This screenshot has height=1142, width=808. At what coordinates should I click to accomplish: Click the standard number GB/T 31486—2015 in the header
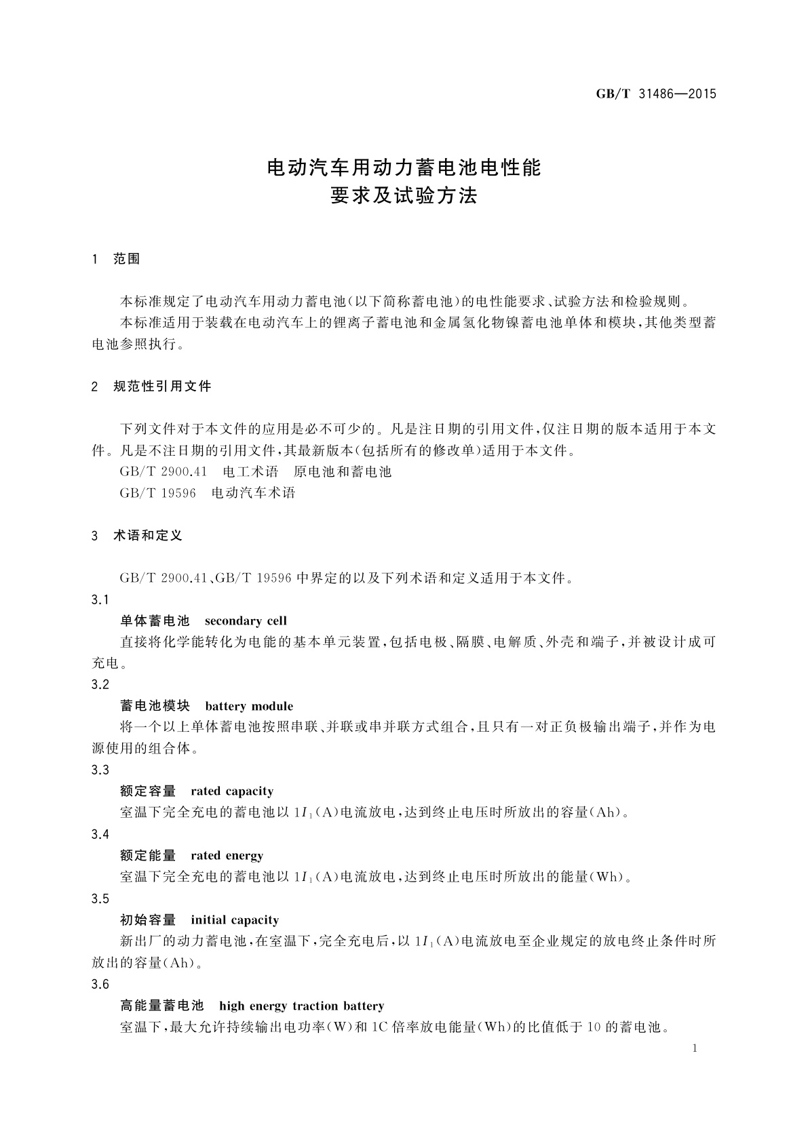coord(656,94)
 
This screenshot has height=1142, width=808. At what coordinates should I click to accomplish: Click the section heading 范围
coord(127,259)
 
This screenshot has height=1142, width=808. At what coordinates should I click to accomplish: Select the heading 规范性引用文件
coord(163,387)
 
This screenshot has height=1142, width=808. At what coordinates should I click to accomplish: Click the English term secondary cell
coord(246,621)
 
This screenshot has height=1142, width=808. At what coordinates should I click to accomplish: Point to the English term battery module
coord(249,707)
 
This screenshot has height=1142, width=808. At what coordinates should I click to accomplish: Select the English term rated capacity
coord(232,791)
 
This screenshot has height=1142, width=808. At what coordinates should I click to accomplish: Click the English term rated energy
coord(227,856)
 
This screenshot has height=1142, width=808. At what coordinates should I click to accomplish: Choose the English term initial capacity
coord(235,920)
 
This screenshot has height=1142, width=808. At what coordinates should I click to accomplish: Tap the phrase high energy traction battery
coord(301,1006)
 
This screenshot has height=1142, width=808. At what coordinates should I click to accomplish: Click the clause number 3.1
coord(100,600)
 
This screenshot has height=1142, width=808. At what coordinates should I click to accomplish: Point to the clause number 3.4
coord(100,835)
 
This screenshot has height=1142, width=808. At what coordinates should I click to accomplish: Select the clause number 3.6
coord(100,985)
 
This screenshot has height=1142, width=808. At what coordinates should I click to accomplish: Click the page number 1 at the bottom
coord(695,1048)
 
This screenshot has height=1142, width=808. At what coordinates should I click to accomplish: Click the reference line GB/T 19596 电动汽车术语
coord(208,493)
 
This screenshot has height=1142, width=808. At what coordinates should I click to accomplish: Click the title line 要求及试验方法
coord(404,197)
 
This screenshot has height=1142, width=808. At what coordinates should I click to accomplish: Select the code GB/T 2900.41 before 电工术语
coord(163,472)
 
